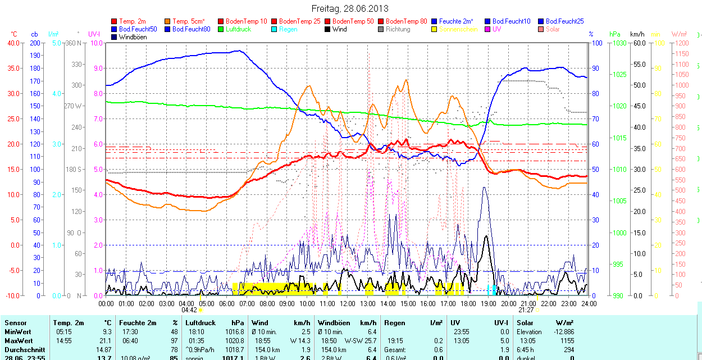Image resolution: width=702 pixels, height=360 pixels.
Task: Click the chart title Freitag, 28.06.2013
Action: pos(350,9)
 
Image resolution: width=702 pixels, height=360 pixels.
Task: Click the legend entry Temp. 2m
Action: pos(133,21)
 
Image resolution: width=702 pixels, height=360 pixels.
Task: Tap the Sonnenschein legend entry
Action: pos(458,29)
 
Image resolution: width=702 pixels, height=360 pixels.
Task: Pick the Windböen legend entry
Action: pos(133,37)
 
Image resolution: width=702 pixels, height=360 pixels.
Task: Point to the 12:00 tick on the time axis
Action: pos(348,303)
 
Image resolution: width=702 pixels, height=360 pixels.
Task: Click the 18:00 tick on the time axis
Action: pos(468,303)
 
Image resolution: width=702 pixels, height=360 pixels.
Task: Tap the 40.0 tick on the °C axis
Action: pos(12,43)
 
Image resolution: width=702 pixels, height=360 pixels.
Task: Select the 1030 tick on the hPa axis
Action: pos(619,43)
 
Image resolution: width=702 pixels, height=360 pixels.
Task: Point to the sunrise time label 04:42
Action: pos(189,309)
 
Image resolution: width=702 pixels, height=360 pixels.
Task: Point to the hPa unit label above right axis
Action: pos(615,34)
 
